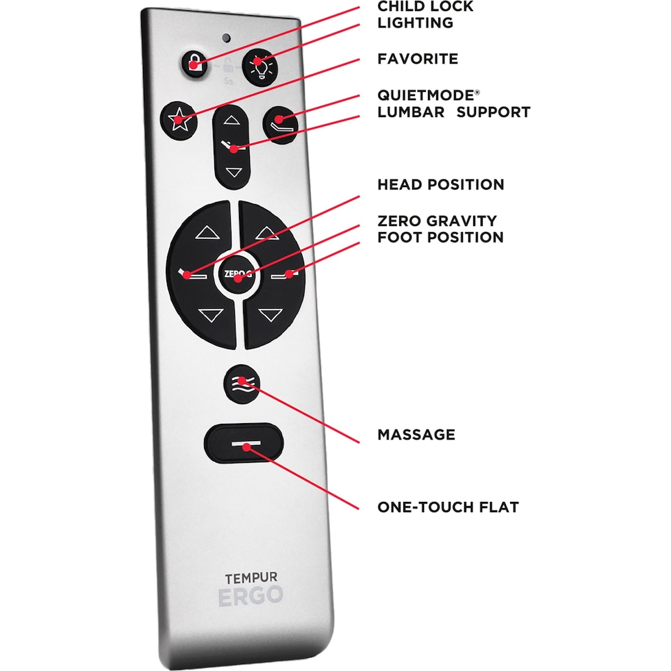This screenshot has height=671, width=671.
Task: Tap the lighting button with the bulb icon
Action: pos(259,66)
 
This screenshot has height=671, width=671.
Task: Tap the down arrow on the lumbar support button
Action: pos(233,173)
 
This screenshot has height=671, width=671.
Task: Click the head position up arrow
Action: pos(204,233)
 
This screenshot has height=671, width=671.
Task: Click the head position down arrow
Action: pos(209,315)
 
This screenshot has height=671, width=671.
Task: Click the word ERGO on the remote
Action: pos(251,596)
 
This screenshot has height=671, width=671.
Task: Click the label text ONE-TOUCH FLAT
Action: pos(448,507)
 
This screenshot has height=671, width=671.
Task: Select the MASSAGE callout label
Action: pos(416,435)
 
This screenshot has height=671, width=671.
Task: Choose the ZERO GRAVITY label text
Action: pos(437,221)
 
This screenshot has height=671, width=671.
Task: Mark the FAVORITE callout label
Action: pos(418,59)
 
